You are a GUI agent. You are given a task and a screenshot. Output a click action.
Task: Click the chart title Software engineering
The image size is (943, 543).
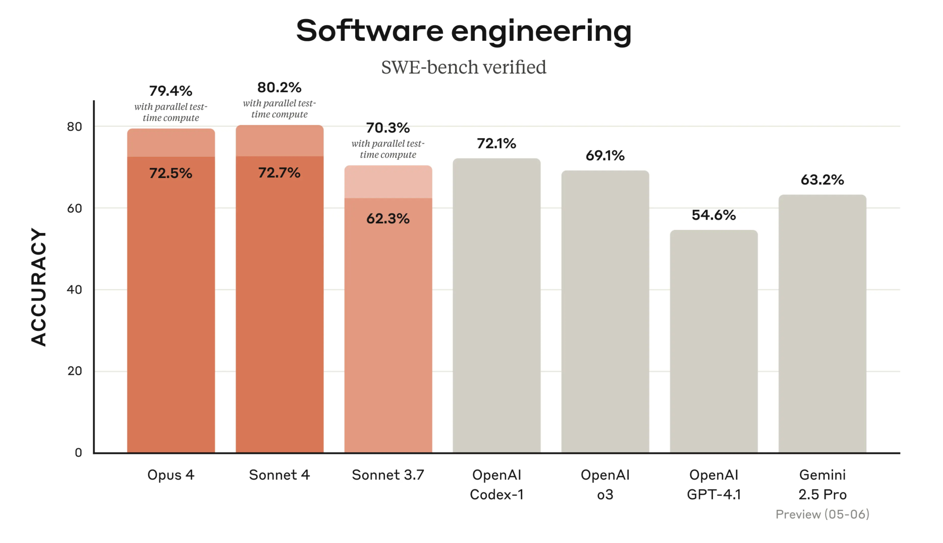pyautogui.click(x=463, y=31)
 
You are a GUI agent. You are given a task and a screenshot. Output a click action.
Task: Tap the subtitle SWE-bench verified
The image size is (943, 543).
pyautogui.click(x=463, y=67)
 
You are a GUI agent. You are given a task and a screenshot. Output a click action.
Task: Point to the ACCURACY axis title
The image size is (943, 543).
pyautogui.click(x=39, y=287)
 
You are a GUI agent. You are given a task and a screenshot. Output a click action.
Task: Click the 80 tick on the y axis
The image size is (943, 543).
pyautogui.click(x=74, y=127)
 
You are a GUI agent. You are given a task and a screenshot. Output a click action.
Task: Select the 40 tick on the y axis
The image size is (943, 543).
pyautogui.click(x=74, y=290)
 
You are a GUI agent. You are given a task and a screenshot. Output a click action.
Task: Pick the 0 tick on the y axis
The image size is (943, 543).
pyautogui.click(x=78, y=453)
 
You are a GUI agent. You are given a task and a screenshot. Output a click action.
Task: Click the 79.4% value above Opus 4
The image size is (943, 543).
pyautogui.click(x=171, y=91)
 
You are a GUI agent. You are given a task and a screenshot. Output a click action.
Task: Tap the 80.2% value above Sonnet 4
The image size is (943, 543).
pyautogui.click(x=279, y=88)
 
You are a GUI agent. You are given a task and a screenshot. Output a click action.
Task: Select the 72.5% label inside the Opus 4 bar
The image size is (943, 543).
pyautogui.click(x=171, y=173)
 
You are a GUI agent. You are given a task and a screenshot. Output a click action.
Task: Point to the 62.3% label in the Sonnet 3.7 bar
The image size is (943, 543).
pyautogui.click(x=388, y=219)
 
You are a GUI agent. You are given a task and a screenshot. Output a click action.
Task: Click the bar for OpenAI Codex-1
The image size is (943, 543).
pyautogui.click(x=497, y=306)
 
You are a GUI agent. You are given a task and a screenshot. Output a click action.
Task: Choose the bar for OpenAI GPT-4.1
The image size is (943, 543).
pyautogui.click(x=714, y=341)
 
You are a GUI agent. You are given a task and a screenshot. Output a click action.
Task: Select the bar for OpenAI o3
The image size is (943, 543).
pyautogui.click(x=605, y=310)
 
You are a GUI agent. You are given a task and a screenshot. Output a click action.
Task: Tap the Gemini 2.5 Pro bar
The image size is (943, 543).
pyautogui.click(x=822, y=323)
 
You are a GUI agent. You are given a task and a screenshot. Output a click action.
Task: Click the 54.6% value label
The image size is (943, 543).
pyautogui.click(x=714, y=215)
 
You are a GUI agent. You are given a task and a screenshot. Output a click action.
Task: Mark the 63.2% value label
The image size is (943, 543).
pyautogui.click(x=822, y=180)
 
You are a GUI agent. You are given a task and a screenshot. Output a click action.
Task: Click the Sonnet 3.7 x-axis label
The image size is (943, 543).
pyautogui.click(x=388, y=475)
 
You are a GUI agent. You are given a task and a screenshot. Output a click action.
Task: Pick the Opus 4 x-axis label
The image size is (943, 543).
pyautogui.click(x=171, y=475)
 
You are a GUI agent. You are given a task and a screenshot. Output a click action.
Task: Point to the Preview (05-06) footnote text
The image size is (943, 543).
pyautogui.click(x=822, y=514)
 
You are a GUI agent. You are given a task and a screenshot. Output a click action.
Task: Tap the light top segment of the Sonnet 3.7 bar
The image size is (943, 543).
pyautogui.click(x=388, y=182)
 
